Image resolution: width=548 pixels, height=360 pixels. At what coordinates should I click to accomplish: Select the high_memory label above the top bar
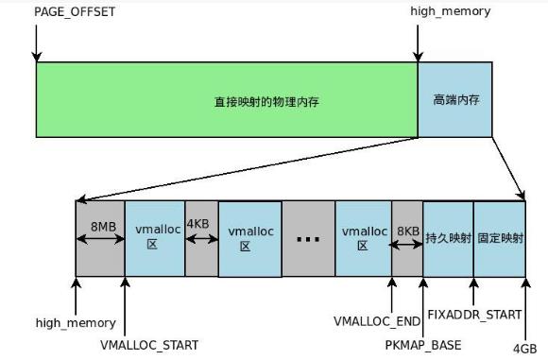[450, 11]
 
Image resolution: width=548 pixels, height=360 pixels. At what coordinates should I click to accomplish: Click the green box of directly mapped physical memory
[227, 100]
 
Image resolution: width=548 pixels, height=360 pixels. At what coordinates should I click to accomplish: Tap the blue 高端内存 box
[454, 98]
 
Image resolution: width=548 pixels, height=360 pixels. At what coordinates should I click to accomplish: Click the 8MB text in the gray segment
[103, 227]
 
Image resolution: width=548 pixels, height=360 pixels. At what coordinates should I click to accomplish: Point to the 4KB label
[199, 225]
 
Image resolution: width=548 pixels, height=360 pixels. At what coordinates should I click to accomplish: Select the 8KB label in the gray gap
[407, 231]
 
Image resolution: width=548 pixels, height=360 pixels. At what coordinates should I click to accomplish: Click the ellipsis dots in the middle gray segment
[308, 239]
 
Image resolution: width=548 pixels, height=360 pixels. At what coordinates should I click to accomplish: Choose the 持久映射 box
[448, 238]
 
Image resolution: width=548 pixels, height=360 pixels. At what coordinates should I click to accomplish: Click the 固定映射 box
[500, 238]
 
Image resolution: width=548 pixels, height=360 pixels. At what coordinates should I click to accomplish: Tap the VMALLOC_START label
[149, 345]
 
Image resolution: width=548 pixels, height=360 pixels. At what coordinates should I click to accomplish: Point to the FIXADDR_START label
[474, 315]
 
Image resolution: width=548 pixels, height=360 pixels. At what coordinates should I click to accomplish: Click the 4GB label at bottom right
[523, 349]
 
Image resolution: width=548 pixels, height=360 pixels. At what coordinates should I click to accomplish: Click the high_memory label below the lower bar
[76, 323]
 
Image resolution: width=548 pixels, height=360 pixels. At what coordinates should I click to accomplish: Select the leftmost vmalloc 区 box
[154, 238]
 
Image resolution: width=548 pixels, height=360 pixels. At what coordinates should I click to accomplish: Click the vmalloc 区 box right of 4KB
[249, 238]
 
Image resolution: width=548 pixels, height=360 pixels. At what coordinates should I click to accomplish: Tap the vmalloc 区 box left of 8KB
[363, 238]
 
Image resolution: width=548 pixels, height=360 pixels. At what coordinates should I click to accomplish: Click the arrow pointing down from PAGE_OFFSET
[36, 43]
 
